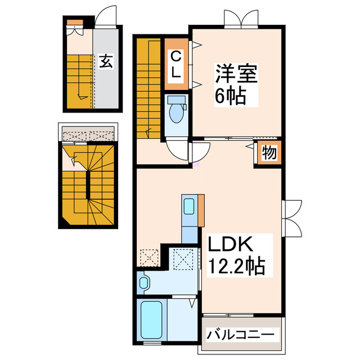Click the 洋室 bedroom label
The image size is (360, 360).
pyautogui.click(x=235, y=75)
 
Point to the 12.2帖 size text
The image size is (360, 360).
pyautogui.click(x=236, y=265)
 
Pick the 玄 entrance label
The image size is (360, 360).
pyautogui.click(x=106, y=61)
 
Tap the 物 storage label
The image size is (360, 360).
pyautogui.click(x=269, y=153)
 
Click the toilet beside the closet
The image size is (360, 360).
pyautogui.click(x=177, y=111)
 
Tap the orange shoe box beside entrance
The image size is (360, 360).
pyautogui.click(x=75, y=23)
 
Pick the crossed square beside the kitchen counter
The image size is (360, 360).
pyautogui.click(x=183, y=259)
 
